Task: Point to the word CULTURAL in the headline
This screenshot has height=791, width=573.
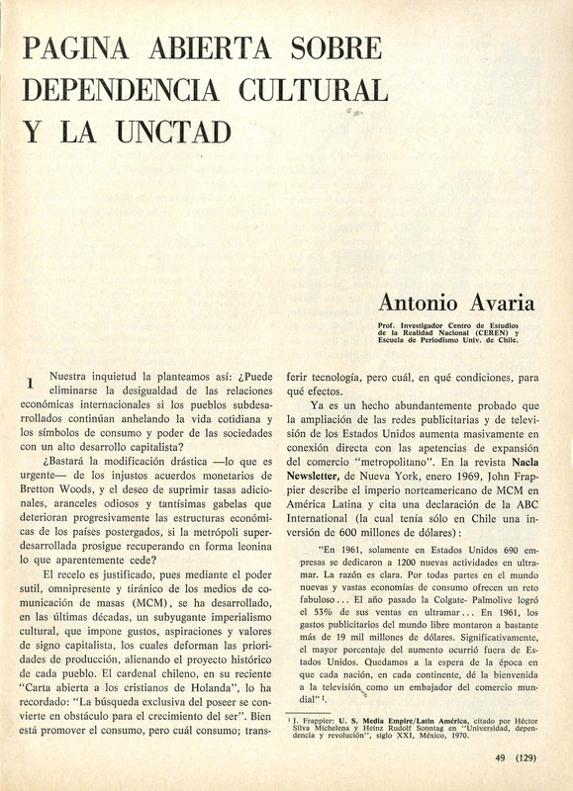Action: coord(315,89)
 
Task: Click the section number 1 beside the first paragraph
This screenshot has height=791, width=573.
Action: coord(31,382)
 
